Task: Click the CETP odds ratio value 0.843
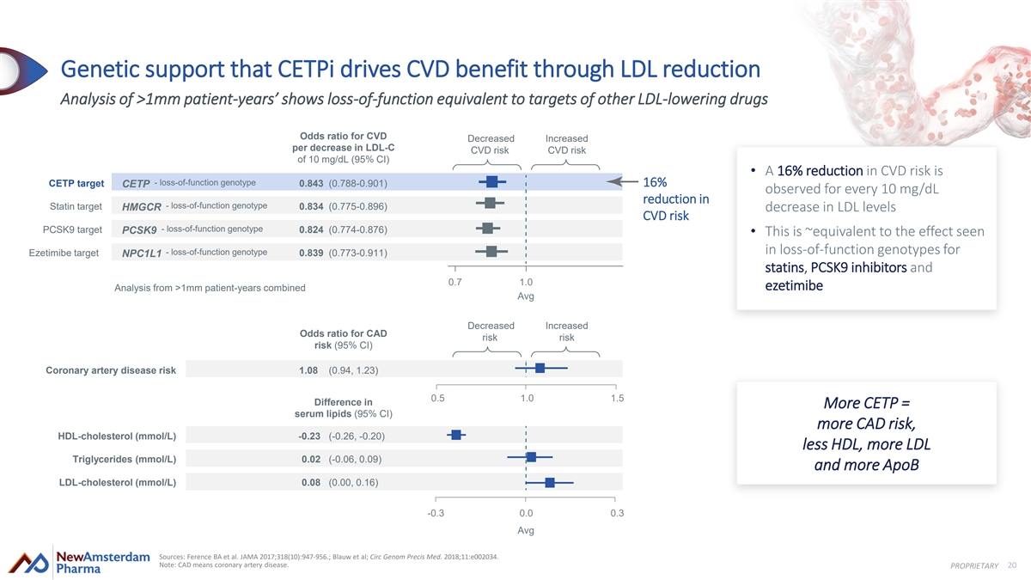click(x=312, y=183)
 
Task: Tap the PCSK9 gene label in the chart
click(x=139, y=230)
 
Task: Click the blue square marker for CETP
click(x=491, y=181)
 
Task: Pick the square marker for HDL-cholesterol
click(x=456, y=435)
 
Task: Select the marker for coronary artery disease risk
click(x=540, y=368)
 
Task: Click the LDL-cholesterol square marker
click(x=550, y=482)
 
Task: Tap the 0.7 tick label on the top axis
click(x=456, y=282)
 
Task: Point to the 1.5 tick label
click(x=616, y=398)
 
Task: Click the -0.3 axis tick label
click(x=436, y=513)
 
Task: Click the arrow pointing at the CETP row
click(x=623, y=181)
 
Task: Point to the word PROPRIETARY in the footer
click(x=974, y=565)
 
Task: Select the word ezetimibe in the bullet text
click(x=794, y=285)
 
